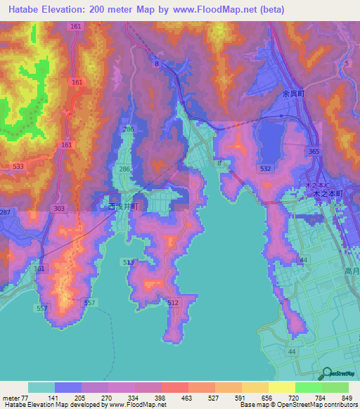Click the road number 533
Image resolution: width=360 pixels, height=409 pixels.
pos(20,167)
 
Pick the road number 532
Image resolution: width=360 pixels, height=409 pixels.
pos(265,169)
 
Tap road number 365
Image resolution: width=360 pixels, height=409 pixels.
pos(314,151)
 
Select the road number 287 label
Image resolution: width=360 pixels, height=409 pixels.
pos(5,212)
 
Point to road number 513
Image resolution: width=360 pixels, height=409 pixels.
pos(129,262)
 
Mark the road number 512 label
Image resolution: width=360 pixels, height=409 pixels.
pos(174,303)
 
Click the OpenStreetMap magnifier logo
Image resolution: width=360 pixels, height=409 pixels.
pos(326,374)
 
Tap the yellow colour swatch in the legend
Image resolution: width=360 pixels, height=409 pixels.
pos(281,387)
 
